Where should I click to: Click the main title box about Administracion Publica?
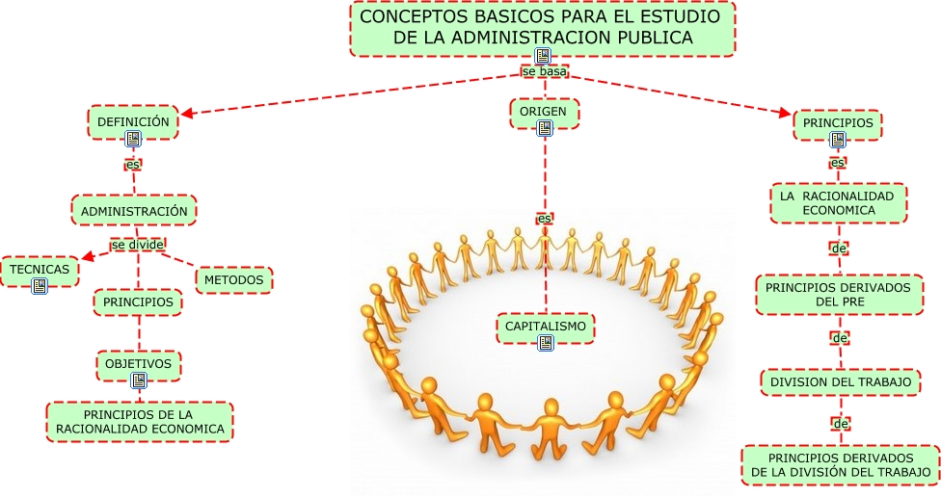[x=543, y=29]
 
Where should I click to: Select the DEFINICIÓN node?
[x=133, y=122]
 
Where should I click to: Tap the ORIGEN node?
[x=545, y=113]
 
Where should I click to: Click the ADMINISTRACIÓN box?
[x=134, y=210]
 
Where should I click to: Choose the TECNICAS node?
[x=40, y=271]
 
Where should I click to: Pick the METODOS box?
[x=234, y=280]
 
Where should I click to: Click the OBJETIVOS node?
[x=139, y=365]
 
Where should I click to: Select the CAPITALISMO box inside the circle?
[x=546, y=328]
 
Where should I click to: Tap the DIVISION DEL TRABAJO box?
[x=841, y=382]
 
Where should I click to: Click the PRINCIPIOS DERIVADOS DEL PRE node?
[x=840, y=295]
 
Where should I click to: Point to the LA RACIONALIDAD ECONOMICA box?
[x=839, y=203]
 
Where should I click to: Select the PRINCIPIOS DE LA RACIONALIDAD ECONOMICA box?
[x=140, y=422]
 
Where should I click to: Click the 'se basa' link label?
[x=545, y=71]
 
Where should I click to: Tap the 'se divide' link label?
[x=138, y=245]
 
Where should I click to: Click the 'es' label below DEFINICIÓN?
[x=133, y=164]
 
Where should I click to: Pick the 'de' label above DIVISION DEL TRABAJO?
[x=840, y=338]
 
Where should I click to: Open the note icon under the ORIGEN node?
[x=545, y=128]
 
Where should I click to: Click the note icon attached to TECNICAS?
[x=40, y=286]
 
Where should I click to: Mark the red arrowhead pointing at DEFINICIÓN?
[x=187, y=113]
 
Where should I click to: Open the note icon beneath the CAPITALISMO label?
[x=546, y=343]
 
